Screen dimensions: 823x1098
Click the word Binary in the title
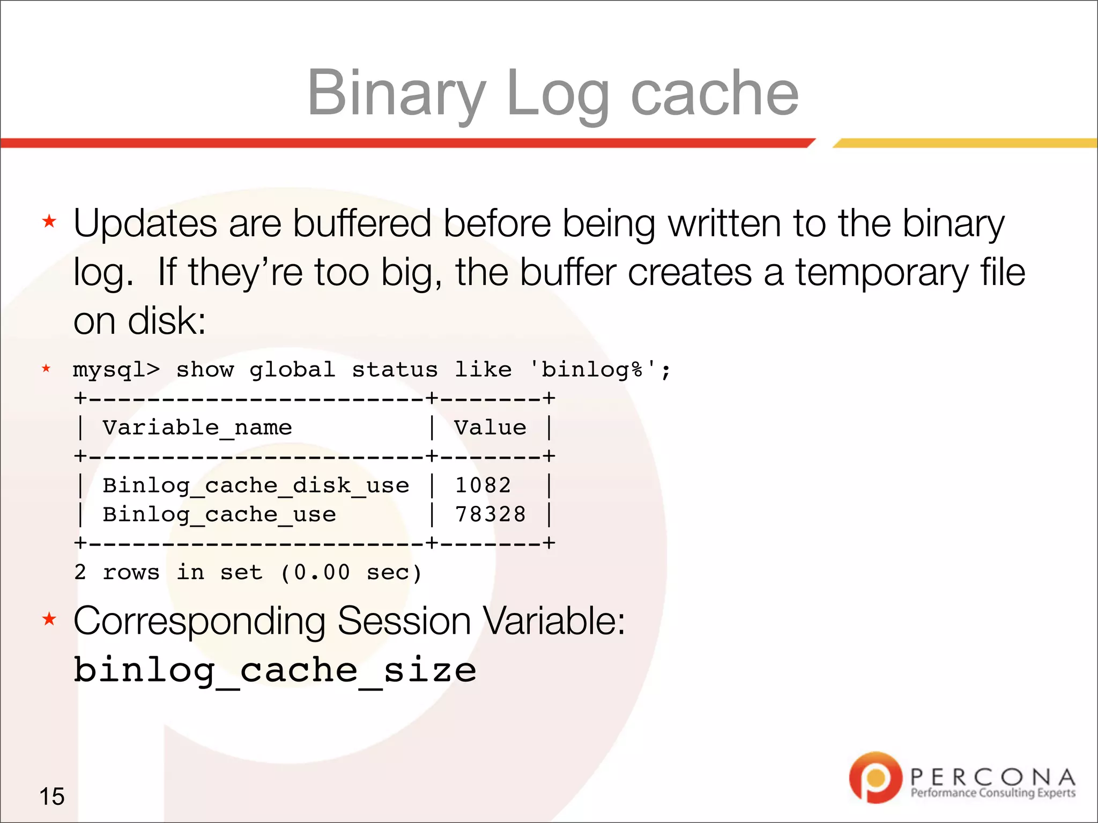pos(396,94)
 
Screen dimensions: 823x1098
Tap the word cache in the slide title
pos(715,94)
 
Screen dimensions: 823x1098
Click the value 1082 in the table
pos(483,485)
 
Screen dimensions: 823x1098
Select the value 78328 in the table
pos(490,514)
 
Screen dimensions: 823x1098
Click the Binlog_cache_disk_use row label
pos(256,485)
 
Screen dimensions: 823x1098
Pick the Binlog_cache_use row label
pos(219,514)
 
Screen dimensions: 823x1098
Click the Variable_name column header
pos(197,428)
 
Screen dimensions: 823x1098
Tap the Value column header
pos(490,428)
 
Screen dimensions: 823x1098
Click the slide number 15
pos(52,796)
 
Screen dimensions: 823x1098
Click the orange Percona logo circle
pos(876,777)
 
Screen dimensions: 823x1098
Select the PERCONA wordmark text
pos(992,777)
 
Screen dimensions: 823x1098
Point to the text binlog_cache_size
pos(274,670)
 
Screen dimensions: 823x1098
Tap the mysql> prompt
pos(116,370)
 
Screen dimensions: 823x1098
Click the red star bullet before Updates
pos(49,221)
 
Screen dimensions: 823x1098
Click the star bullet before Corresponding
pos(49,619)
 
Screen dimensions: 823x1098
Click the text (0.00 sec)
pos(351,572)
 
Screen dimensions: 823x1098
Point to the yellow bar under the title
pos(965,143)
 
